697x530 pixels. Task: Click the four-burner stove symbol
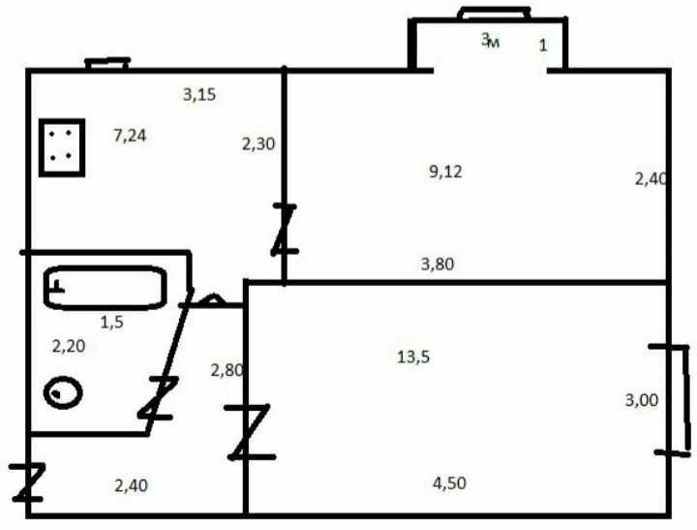62,147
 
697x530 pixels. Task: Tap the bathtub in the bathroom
106,288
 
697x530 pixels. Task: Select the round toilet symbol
63,392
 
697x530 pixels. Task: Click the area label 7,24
130,136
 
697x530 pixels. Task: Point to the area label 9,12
446,171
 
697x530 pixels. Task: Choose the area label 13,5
413,357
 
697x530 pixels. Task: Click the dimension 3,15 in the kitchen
199,94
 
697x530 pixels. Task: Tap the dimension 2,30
258,143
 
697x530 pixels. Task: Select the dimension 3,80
438,264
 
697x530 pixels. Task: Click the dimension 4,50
449,483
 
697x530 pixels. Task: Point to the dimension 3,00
642,400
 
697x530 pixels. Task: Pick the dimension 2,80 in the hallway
227,370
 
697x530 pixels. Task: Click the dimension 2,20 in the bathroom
69,346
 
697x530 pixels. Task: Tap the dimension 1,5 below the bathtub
111,322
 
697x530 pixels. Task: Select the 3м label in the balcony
490,41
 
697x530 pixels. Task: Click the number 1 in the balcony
543,46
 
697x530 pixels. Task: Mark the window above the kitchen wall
107,64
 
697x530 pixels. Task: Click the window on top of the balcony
495,14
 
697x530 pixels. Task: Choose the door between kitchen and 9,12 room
284,230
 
